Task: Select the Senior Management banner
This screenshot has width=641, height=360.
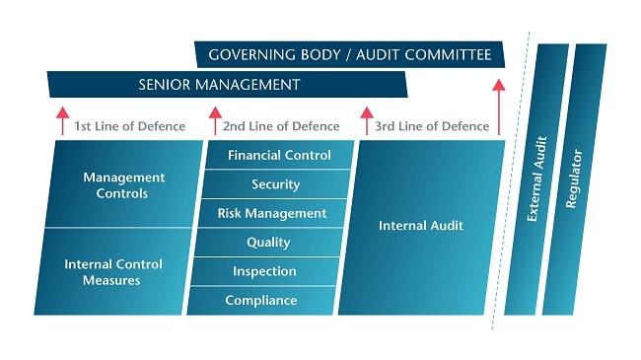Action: pos(227,85)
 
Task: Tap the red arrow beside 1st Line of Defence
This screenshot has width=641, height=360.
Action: pos(61,120)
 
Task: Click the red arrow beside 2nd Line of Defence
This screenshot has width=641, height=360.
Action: pos(214,120)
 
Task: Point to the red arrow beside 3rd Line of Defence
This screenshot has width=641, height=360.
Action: pos(366,120)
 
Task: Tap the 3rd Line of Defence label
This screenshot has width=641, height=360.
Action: pos(431,126)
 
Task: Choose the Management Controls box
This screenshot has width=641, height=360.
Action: pos(123,184)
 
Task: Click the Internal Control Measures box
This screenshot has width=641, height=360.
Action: pos(113,271)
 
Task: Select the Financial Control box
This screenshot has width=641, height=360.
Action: pos(279,155)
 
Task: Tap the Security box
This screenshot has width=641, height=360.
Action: pos(276,184)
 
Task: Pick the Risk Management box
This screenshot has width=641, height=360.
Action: pos(272,213)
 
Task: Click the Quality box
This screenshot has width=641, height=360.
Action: pos(268,243)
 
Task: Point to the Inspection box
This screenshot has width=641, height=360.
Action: pos(265,271)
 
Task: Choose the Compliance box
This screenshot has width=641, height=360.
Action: pos(261,300)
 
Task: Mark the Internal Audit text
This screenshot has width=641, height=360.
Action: pos(421,226)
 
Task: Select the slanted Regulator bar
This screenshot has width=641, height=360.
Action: pos(574,178)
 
